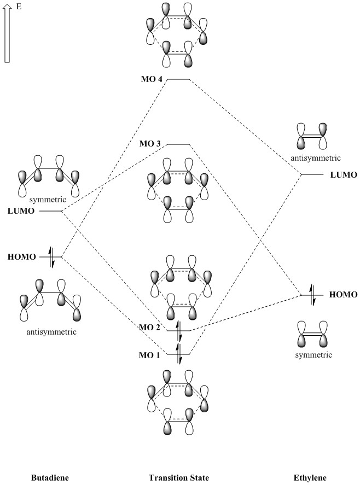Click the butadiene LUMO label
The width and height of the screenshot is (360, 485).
pos(21,211)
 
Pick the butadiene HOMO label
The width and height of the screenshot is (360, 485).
pos(21,256)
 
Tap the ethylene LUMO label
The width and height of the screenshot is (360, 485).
pos(344,175)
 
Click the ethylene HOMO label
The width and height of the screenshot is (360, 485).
pos(343,295)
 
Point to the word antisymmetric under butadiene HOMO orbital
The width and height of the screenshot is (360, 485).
pos(50,332)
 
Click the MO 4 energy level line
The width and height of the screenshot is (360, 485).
pos(178,80)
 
